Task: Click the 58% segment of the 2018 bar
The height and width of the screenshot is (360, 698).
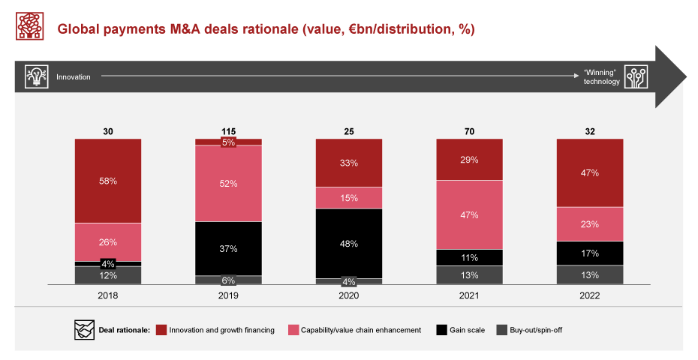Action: click(108, 181)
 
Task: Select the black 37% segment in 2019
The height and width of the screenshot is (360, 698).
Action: click(228, 248)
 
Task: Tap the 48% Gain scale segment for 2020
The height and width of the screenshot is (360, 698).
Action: click(349, 244)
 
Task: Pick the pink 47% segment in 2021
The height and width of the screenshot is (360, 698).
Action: click(469, 214)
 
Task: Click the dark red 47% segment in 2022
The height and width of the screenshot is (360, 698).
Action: click(589, 172)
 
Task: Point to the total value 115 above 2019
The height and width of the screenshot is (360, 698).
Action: click(228, 132)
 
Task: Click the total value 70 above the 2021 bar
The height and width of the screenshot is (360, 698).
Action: click(469, 132)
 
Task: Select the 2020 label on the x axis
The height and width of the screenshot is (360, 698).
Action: click(349, 295)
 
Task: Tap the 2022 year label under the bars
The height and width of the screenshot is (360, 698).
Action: click(589, 295)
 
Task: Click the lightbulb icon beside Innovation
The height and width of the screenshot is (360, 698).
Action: click(36, 76)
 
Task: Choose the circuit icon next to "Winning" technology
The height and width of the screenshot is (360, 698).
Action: click(636, 76)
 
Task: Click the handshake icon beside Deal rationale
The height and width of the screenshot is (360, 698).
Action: click(83, 329)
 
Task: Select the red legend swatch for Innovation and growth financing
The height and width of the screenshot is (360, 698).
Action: click(161, 329)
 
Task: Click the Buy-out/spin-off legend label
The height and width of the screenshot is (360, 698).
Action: click(536, 329)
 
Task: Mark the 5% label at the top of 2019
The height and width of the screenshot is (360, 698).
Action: click(228, 142)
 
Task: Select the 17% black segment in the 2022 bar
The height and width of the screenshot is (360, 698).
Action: click(589, 253)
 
